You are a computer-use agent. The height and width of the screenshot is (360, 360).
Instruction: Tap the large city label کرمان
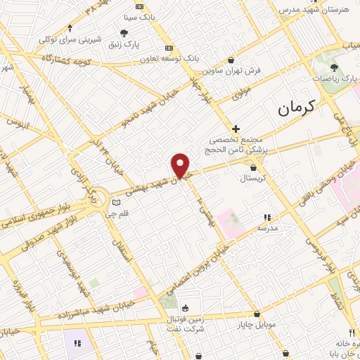[x=294, y=107]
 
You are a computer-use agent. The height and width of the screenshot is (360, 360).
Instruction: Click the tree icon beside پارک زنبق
[x=124, y=32]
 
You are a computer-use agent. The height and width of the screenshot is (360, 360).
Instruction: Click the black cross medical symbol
[x=236, y=129]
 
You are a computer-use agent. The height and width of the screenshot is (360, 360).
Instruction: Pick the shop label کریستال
[x=255, y=179]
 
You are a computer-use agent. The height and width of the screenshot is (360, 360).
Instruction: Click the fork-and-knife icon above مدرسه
[x=266, y=218]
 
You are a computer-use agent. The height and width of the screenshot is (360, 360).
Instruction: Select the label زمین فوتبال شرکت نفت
[x=186, y=323]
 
